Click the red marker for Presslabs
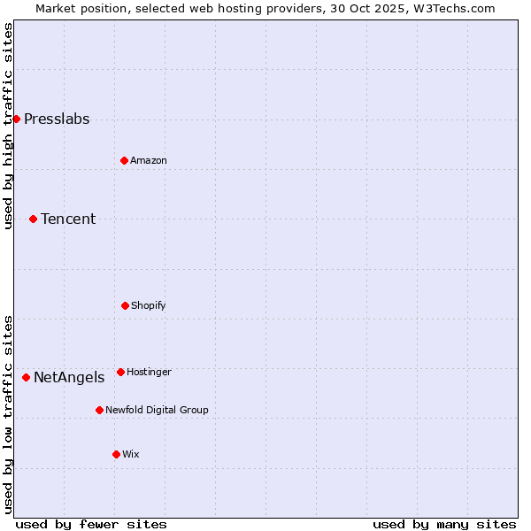click(x=16, y=119)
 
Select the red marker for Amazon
click(x=124, y=160)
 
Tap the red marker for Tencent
click(x=33, y=219)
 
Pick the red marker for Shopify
click(x=125, y=305)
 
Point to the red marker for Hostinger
click(x=120, y=372)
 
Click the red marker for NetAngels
click(x=26, y=377)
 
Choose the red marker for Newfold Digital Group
click(x=99, y=410)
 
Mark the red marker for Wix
click(x=116, y=454)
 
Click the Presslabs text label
click(x=57, y=119)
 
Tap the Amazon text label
click(x=149, y=161)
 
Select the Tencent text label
click(x=68, y=219)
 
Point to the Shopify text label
click(x=149, y=306)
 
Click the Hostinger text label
click(x=149, y=373)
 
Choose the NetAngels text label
click(x=69, y=378)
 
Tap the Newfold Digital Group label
click(x=157, y=411)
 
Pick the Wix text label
click(x=131, y=455)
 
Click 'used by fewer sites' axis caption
click(x=91, y=524)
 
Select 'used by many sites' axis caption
click(x=444, y=524)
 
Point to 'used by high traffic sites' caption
click(x=9, y=127)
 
